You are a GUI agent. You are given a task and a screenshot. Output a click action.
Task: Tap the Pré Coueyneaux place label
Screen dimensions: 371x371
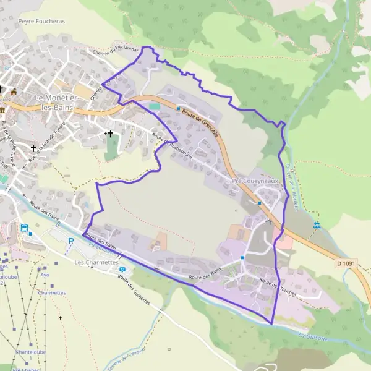click(x=255, y=181)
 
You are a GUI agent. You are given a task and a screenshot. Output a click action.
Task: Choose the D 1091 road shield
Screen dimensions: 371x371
click(x=346, y=263)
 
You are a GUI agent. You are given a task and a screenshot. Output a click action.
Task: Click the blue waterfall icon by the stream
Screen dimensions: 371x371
click(x=317, y=225)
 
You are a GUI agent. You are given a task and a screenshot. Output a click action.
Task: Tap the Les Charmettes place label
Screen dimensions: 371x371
click(x=96, y=262)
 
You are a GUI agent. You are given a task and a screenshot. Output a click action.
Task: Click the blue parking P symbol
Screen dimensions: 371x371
click(x=71, y=241)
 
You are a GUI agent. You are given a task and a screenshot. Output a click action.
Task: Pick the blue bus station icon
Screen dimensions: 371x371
click(x=25, y=228)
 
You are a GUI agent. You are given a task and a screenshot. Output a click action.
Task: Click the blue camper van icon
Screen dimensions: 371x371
click(x=122, y=270)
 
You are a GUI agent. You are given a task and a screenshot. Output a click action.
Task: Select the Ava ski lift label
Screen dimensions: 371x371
click(x=45, y=275)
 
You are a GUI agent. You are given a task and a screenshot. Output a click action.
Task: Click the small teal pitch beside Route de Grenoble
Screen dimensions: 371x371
click(x=154, y=106)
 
